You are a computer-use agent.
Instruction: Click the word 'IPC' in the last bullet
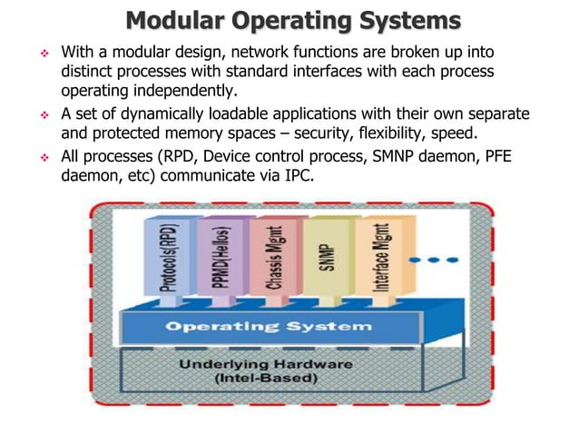click(x=298, y=176)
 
